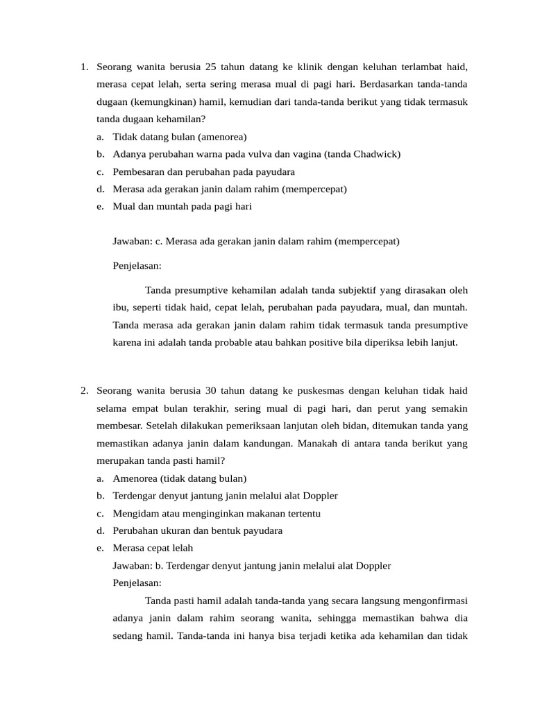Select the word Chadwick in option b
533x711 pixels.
(x=375, y=154)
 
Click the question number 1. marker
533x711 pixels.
(x=84, y=67)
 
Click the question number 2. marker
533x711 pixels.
(x=84, y=390)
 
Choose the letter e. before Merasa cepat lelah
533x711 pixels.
(x=101, y=548)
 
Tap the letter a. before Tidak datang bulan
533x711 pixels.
(x=101, y=137)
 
